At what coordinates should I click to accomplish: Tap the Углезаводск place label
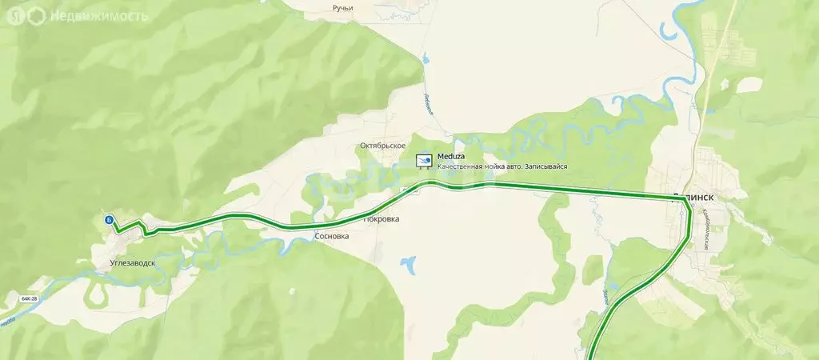coord(133,262)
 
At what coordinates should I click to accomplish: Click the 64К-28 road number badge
coord(30,298)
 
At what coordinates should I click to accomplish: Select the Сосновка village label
coord(333,237)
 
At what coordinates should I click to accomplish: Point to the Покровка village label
coord(381,218)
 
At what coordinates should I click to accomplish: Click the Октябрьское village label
coord(382,146)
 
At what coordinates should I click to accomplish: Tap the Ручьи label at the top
coord(342,8)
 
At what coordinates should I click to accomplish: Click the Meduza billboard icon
coord(424,161)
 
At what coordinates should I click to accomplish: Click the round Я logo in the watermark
coord(14,15)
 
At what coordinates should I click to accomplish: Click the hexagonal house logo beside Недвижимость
coord(37,15)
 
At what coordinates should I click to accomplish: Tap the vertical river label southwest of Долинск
coord(605,301)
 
